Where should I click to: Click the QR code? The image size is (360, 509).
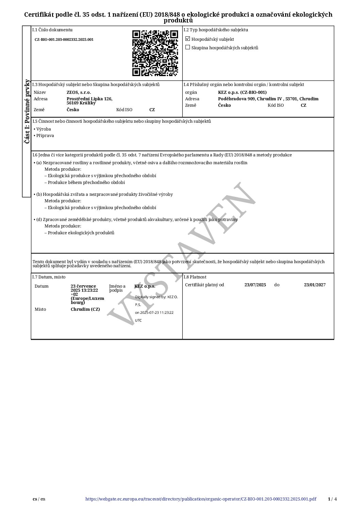(155, 53)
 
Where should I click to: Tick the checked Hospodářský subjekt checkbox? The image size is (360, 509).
(187, 39)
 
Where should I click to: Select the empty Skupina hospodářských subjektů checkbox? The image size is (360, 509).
(187, 48)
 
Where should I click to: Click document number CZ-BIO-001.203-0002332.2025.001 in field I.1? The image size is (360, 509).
(64, 39)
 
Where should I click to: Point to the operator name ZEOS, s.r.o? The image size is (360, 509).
(79, 92)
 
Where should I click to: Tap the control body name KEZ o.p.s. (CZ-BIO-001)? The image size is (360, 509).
(242, 92)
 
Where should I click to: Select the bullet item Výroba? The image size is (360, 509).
(44, 129)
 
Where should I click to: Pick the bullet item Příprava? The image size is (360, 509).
(45, 136)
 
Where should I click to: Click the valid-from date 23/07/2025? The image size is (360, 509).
(255, 285)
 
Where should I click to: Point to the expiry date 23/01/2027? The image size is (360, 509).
(315, 285)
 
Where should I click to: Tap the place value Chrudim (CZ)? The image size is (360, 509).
(85, 309)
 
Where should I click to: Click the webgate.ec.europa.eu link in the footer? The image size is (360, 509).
(201, 499)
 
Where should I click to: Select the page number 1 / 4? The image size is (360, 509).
(332, 499)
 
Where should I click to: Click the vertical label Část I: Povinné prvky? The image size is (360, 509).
(27, 111)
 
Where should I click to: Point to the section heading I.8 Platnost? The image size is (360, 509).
(195, 277)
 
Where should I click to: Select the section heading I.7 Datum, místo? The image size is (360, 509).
(49, 277)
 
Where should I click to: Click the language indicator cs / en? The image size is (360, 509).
(39, 499)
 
